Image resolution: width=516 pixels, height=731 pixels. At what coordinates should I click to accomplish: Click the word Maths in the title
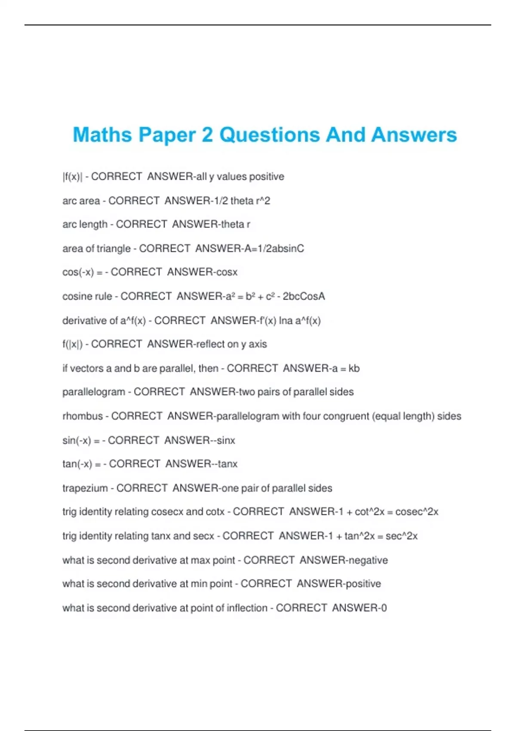click(102, 135)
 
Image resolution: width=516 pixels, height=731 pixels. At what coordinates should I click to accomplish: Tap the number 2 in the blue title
click(207, 135)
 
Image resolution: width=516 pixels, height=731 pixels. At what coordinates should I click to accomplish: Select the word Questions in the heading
click(269, 135)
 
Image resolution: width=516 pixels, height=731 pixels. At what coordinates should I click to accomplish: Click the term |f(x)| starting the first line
click(72, 177)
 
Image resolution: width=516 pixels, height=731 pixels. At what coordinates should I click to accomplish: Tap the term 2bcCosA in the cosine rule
click(304, 296)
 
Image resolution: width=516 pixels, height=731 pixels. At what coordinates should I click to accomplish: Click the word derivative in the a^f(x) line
click(84, 320)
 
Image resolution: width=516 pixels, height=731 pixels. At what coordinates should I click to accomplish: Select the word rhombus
click(83, 416)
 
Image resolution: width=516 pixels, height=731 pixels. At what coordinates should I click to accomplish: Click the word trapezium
click(85, 488)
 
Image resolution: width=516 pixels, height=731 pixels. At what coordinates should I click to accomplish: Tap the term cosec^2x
click(417, 512)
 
